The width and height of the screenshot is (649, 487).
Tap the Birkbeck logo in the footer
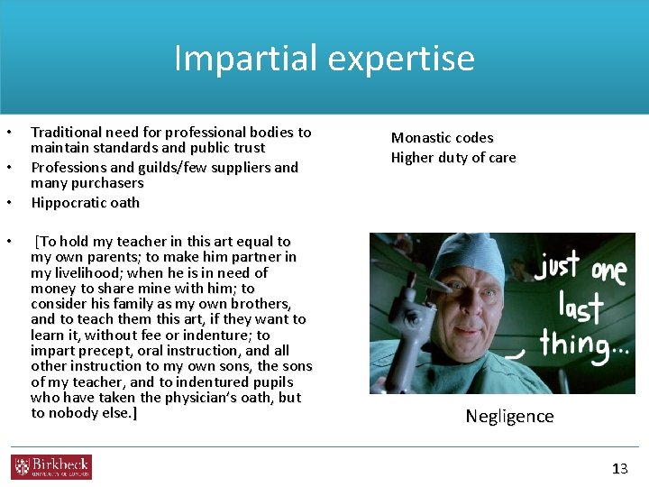[51, 466]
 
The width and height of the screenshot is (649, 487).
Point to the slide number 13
[619, 468]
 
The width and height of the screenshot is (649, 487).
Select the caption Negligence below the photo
[509, 416]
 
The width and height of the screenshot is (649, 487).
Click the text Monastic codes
[442, 138]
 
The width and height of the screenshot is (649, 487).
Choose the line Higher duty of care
[453, 158]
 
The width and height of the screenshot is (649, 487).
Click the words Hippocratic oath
[85, 203]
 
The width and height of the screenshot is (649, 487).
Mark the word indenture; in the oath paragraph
[215, 335]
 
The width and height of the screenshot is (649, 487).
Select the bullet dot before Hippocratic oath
[12, 203]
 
